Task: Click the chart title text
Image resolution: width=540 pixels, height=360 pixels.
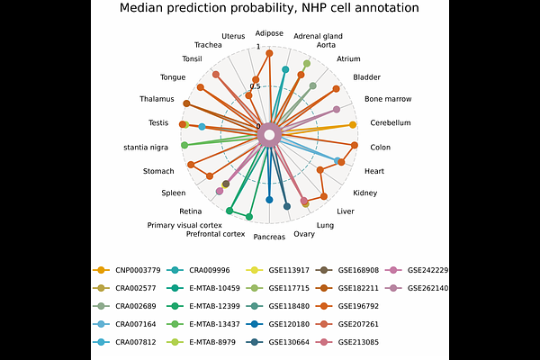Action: coord(269,8)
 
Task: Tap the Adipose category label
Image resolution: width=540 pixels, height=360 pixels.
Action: coord(269,33)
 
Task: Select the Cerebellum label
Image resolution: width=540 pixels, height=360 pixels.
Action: coord(390,123)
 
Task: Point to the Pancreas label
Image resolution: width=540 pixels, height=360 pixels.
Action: coord(269,238)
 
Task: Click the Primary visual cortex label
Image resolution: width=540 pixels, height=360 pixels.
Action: coord(184,225)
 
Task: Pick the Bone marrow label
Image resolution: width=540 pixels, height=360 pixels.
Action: coord(385,99)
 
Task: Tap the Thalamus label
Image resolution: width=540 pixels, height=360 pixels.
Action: coord(157,99)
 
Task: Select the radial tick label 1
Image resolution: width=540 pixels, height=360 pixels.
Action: coord(258,48)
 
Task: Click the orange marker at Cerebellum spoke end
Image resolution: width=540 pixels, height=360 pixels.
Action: coord(352,124)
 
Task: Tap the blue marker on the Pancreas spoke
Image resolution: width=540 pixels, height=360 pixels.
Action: coord(269,199)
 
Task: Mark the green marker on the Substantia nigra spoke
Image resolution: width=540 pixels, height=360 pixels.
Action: coord(184,145)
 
